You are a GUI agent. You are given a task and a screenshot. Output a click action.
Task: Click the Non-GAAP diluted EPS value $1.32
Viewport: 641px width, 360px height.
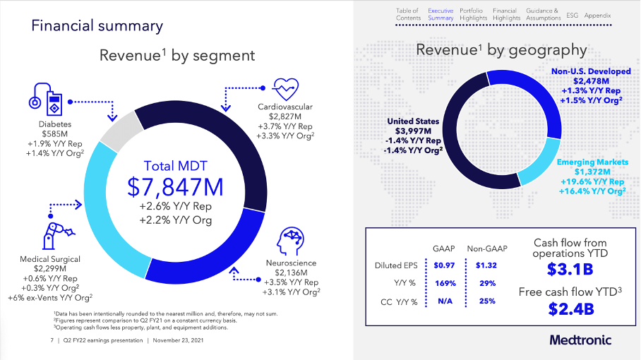click(486, 265)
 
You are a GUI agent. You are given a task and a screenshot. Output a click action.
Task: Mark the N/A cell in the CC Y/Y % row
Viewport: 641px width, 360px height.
click(445, 301)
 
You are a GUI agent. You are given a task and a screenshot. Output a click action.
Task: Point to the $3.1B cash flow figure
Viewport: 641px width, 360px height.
click(570, 270)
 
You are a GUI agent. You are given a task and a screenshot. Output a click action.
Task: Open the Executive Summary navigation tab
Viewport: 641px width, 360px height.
click(441, 14)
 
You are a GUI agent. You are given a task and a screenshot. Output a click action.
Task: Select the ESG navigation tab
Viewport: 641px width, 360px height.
click(573, 15)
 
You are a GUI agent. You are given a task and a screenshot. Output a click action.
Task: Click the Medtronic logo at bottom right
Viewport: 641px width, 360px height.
click(581, 340)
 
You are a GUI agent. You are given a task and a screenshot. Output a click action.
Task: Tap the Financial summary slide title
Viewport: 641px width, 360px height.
click(97, 26)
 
